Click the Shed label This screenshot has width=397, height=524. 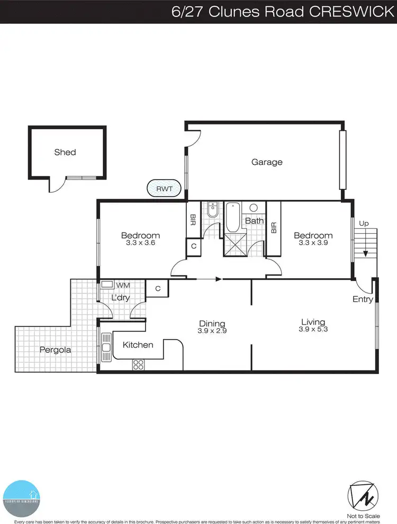point(65,153)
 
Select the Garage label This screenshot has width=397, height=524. point(267,162)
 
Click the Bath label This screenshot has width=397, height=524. point(254,220)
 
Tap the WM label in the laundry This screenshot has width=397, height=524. point(123,286)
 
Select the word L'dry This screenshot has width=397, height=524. point(121,298)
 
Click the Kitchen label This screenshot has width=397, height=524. point(138,345)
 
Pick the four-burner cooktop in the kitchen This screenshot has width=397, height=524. point(139,364)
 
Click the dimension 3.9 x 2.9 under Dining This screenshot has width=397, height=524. point(212,331)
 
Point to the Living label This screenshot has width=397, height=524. point(313,322)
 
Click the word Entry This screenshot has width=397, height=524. point(363,299)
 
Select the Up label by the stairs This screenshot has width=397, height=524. point(363,224)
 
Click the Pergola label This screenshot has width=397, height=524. point(55,350)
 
